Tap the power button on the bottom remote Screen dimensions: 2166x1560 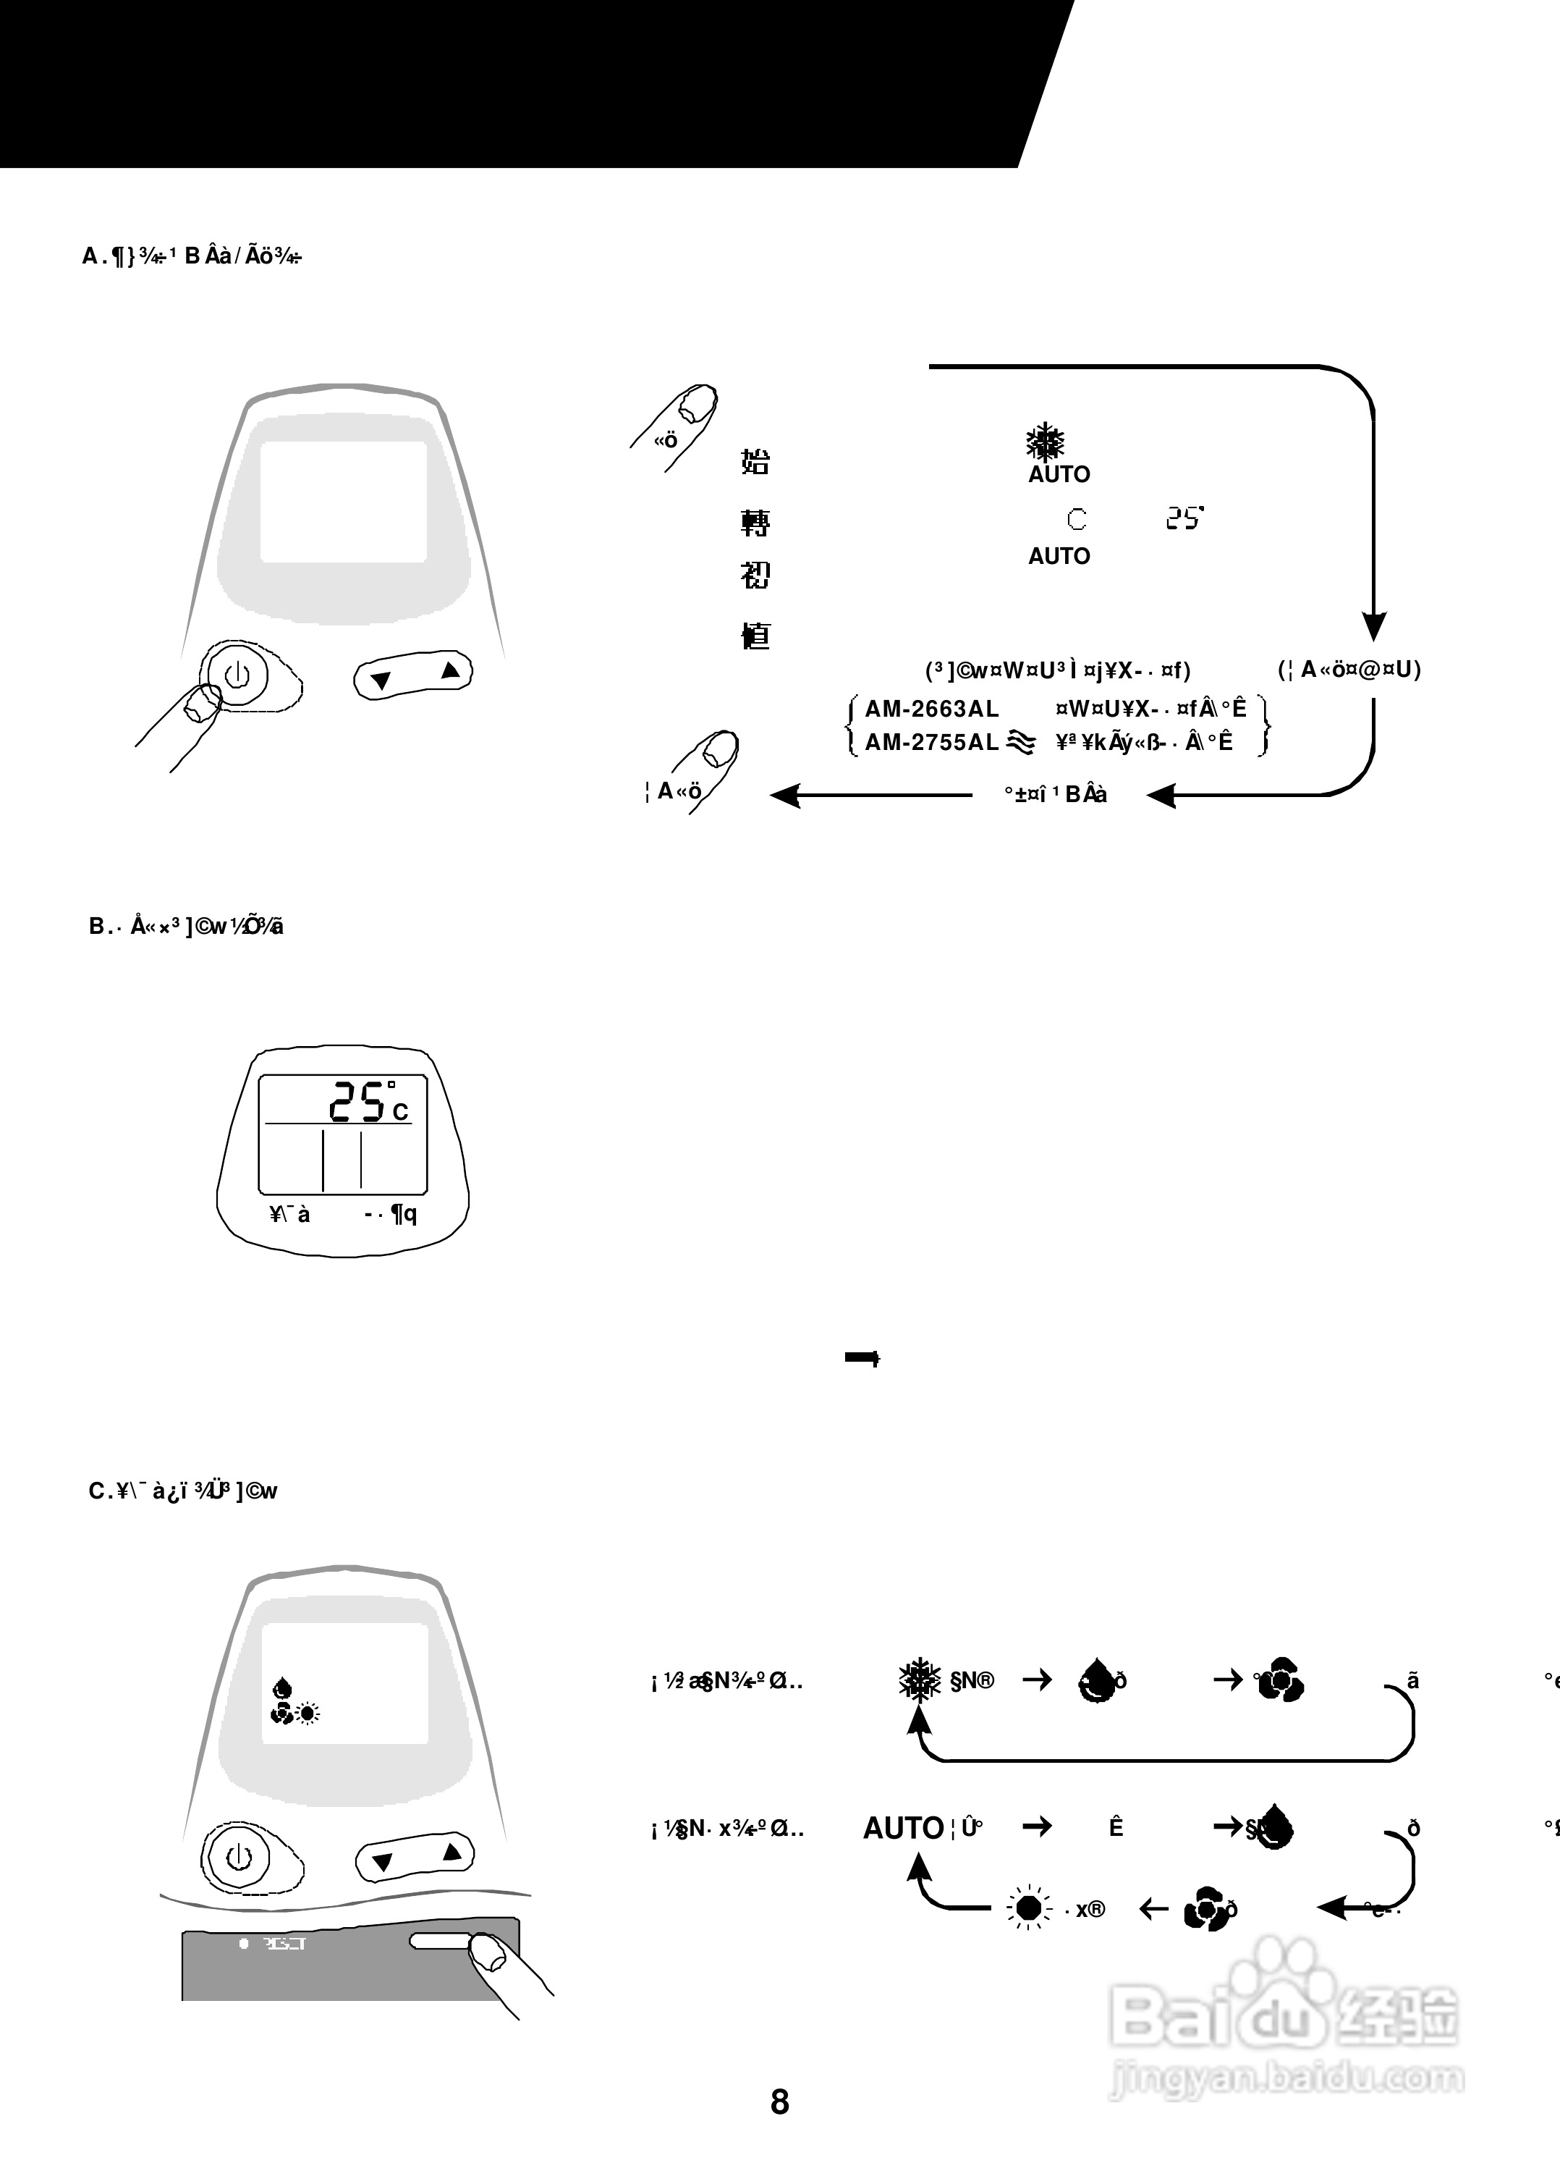(237, 1857)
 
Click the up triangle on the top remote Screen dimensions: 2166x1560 (451, 670)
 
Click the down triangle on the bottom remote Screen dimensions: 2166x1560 (383, 1861)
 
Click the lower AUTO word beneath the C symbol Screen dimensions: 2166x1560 (1059, 556)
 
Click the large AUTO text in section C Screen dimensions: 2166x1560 (903, 1828)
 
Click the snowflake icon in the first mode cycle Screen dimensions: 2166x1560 (920, 1680)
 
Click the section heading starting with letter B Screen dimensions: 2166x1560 (186, 927)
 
